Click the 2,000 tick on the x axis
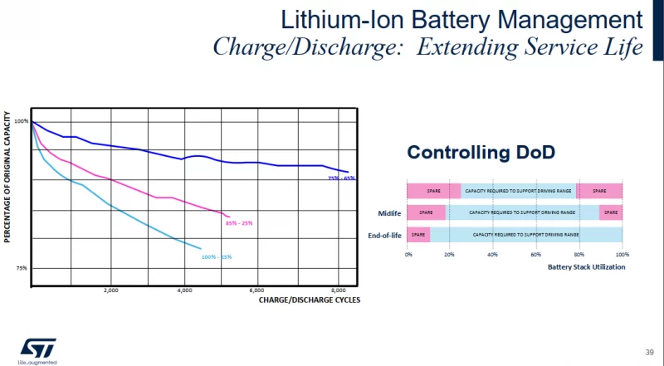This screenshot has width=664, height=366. tap(110, 290)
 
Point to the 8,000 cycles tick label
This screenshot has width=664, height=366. tap(338, 290)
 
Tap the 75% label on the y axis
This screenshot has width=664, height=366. tap(22, 268)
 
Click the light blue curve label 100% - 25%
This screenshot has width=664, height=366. tap(217, 256)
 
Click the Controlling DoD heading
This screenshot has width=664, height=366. tap(480, 153)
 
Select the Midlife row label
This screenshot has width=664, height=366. tap(390, 213)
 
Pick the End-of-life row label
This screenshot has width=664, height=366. tap(385, 236)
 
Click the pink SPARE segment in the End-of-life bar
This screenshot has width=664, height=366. tap(418, 235)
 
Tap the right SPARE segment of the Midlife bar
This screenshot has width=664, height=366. tap(611, 212)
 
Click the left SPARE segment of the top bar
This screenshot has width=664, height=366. tap(433, 191)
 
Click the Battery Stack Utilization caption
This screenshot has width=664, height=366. tap(587, 267)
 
